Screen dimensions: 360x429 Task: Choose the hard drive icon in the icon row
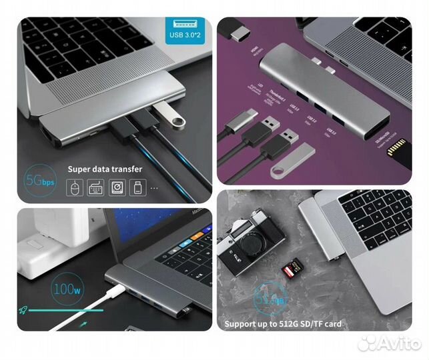[x=116, y=188]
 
